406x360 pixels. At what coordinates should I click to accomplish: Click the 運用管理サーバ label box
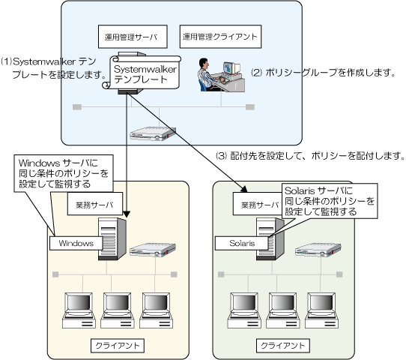pos(133,37)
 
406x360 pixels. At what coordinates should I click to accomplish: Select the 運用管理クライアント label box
pos(220,37)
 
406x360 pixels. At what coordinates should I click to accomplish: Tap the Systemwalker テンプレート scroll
pos(142,72)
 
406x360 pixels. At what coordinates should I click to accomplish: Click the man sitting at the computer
pos(208,75)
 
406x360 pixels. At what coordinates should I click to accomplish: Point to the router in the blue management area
pos(153,133)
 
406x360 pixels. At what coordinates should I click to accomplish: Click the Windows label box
pos(76,243)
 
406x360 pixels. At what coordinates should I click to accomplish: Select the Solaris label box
pos(242,243)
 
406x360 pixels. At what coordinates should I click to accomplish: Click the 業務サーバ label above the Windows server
pos(95,204)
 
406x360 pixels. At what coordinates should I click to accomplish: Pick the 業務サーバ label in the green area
pos(258,204)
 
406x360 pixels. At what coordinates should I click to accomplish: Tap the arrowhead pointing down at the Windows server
pos(127,214)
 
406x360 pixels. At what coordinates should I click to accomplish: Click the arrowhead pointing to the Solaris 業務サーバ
pos(244,189)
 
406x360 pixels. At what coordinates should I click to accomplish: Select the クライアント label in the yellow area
pos(118,346)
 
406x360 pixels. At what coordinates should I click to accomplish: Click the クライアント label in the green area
pos(282,346)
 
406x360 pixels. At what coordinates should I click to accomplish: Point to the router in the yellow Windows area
pos(153,250)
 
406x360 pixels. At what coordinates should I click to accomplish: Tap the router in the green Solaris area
pos(318,250)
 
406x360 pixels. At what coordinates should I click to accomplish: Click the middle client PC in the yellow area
pos(118,310)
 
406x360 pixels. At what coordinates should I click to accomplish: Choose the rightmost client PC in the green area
pos(321,310)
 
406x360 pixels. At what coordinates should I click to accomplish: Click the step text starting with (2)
pos(323,72)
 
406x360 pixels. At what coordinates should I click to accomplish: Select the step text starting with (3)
pos(310,155)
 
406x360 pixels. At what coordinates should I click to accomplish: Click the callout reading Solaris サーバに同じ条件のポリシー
pos(330,201)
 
